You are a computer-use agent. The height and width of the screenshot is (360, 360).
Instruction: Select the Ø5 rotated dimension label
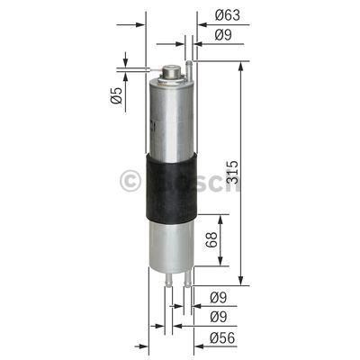[117, 97]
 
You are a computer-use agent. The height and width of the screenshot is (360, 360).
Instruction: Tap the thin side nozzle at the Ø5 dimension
[154, 69]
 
